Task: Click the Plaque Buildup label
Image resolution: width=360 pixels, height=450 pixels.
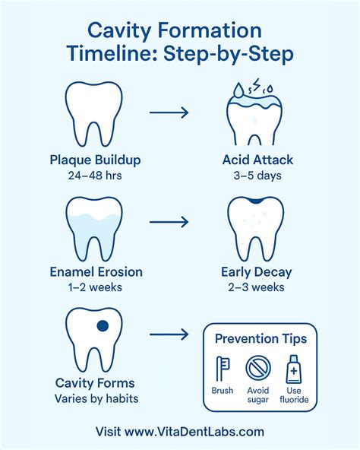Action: pyautogui.click(x=95, y=160)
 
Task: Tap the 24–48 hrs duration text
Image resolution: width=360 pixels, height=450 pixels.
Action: pyautogui.click(x=95, y=176)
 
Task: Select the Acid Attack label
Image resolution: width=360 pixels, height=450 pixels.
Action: pyautogui.click(x=257, y=160)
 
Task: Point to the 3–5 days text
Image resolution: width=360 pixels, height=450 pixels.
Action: pyautogui.click(x=257, y=176)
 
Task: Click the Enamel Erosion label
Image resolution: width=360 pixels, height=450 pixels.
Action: pyautogui.click(x=95, y=271)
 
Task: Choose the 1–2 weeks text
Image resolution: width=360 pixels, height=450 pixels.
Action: pyautogui.click(x=95, y=287)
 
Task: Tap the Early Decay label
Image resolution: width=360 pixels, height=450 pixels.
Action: pyautogui.click(x=257, y=271)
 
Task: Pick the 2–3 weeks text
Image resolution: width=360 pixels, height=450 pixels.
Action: pyautogui.click(x=257, y=287)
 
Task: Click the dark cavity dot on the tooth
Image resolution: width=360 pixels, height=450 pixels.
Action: pyautogui.click(x=103, y=327)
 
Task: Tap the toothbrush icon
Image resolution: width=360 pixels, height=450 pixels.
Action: pyautogui.click(x=223, y=369)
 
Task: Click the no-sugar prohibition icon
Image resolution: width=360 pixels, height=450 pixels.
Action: pyautogui.click(x=257, y=369)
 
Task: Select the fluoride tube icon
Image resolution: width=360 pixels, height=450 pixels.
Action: pyautogui.click(x=293, y=369)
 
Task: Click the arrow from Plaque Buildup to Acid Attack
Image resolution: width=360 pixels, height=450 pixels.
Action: pyautogui.click(x=169, y=112)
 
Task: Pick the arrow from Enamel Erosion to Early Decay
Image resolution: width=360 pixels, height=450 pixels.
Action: pyautogui.click(x=169, y=223)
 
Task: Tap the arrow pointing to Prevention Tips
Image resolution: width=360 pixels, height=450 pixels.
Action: pyautogui.click(x=169, y=334)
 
